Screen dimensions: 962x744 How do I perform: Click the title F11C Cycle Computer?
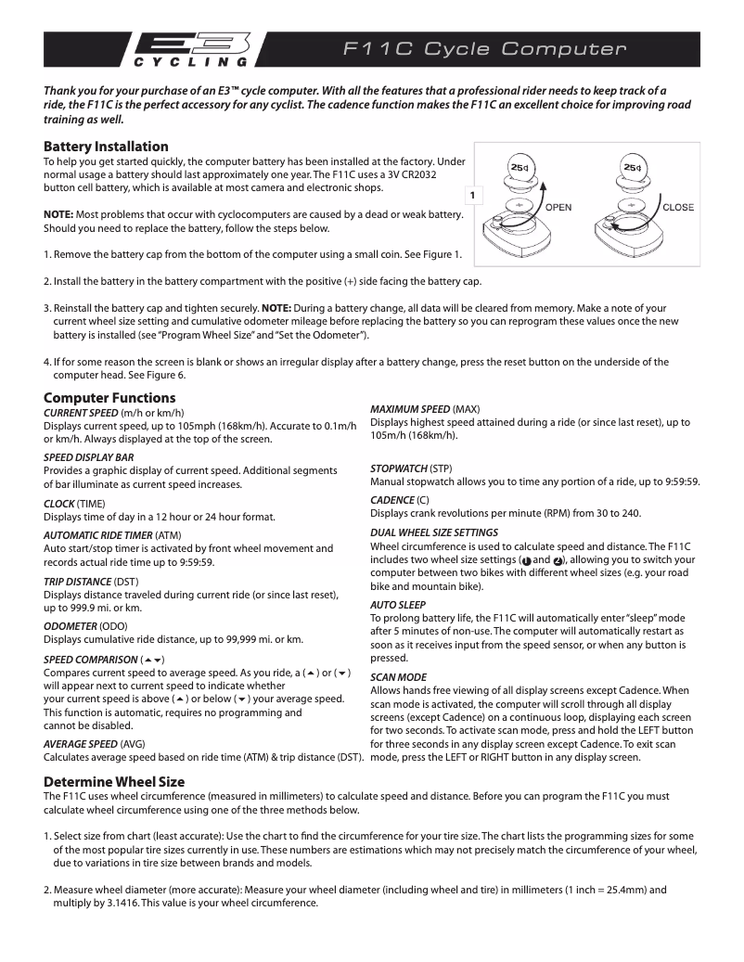485,49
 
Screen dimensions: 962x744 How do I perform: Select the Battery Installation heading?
106,147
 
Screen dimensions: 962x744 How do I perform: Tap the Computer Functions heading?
103,398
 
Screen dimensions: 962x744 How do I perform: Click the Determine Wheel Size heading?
114,781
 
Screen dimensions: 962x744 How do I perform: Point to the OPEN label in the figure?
558,207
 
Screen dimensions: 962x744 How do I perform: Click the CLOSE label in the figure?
678,207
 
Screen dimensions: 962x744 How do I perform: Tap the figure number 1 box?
473,196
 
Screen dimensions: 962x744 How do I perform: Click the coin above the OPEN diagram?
519,167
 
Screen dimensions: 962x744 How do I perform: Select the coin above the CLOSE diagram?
632,167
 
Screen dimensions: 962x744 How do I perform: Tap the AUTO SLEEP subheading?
398,605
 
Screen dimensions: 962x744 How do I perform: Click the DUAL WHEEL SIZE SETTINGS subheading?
433,532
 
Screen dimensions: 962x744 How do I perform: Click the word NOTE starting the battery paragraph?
59,214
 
